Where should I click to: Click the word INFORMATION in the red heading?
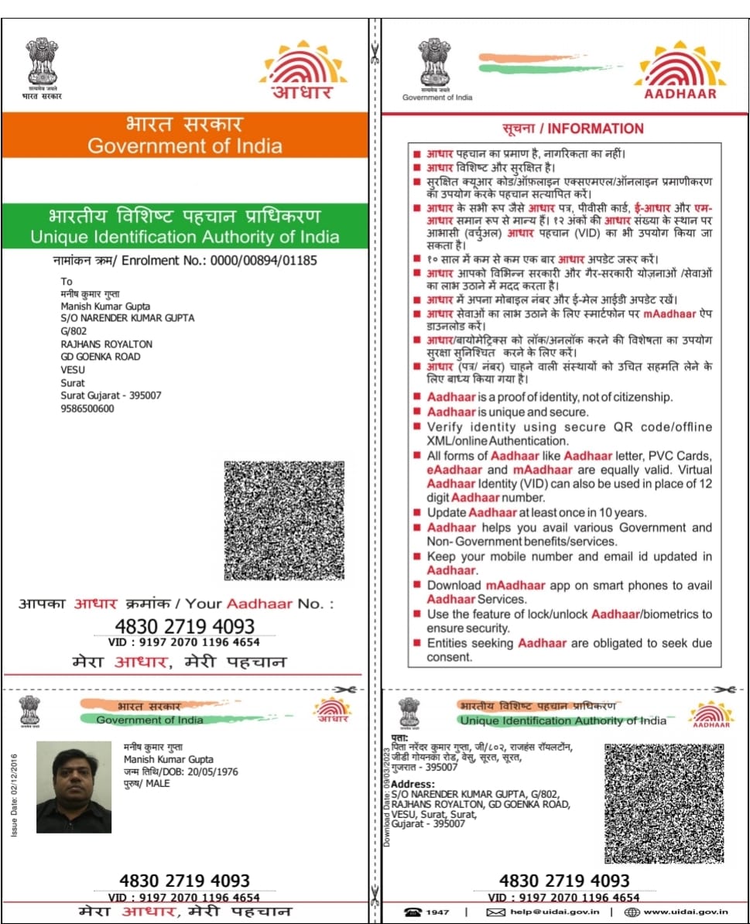[596, 128]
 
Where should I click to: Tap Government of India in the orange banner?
[185, 145]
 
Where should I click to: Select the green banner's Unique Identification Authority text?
[185, 237]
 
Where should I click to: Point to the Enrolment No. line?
[185, 261]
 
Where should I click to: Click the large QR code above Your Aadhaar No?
[284, 521]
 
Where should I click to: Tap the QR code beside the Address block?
[663, 803]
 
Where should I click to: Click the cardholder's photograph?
[74, 787]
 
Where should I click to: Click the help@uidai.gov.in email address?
[553, 912]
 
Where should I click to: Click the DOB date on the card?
[211, 772]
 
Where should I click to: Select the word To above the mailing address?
[67, 282]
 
